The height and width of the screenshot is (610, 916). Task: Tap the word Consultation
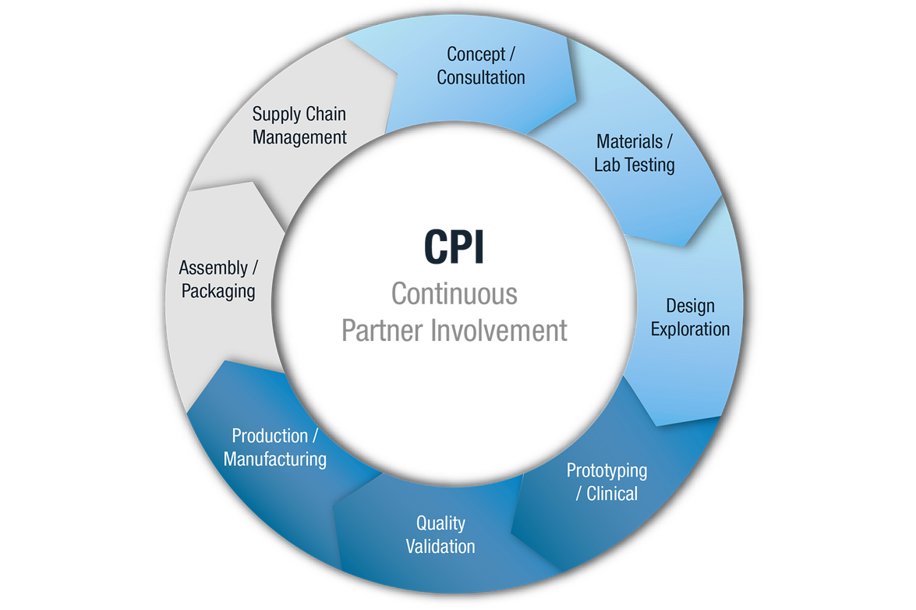point(481,77)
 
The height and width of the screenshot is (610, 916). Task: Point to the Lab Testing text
point(635,165)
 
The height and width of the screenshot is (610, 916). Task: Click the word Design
point(690,305)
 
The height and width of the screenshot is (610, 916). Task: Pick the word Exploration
point(690,328)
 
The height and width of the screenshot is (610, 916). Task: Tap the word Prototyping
point(607,470)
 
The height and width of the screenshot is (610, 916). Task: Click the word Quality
point(440,523)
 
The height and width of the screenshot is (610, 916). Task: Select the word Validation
point(440,546)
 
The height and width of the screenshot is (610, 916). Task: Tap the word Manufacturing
point(275,459)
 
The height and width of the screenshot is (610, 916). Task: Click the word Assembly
point(213,268)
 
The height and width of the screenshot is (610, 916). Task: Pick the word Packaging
point(218,291)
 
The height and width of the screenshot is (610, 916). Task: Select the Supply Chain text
point(299,114)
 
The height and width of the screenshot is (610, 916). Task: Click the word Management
point(299,137)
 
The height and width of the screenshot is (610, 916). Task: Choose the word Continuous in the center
point(454,294)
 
